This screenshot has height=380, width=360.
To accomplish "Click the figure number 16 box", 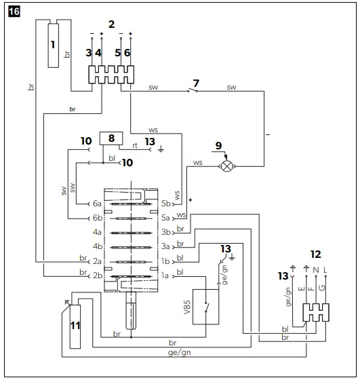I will (x=13, y=12).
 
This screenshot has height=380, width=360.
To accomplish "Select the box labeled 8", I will (x=109, y=139).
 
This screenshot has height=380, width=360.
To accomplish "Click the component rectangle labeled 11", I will (x=75, y=325).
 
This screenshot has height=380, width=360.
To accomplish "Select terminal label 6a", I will (x=96, y=203).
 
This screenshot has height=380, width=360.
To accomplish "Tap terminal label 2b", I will (x=96, y=275).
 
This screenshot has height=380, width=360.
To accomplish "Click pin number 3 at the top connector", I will (x=88, y=52).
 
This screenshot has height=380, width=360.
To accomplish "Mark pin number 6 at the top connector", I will (x=127, y=52).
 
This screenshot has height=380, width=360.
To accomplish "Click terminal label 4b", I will (x=96, y=246).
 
